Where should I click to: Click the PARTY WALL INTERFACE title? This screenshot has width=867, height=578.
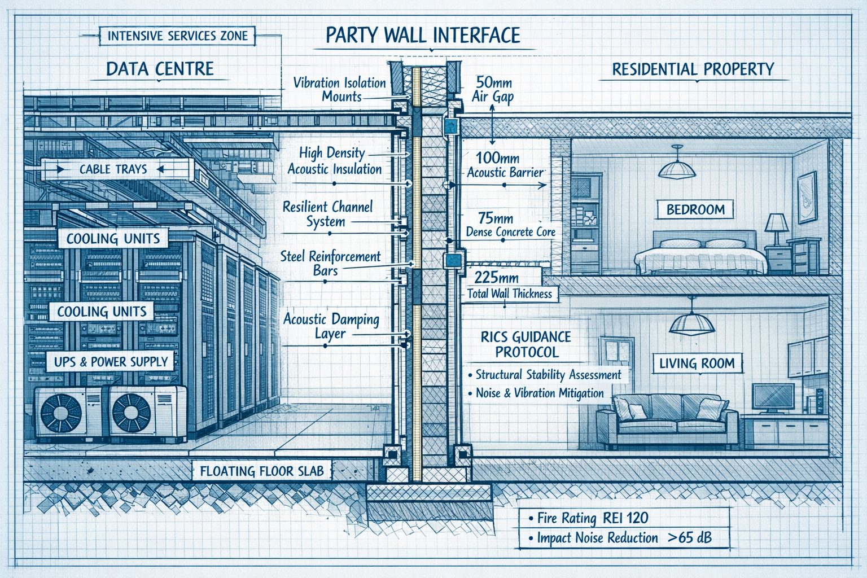click(423, 36)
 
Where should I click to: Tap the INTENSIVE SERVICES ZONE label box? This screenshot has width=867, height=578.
click(177, 36)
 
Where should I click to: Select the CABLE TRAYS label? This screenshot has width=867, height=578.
click(113, 169)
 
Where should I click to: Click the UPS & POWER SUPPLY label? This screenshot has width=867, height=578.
click(111, 362)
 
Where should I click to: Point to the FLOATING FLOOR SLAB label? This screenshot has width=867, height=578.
click(262, 471)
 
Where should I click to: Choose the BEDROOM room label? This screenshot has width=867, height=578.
click(695, 209)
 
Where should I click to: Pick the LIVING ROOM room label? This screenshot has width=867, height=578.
click(697, 363)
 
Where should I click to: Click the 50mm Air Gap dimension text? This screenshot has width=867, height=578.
click(493, 89)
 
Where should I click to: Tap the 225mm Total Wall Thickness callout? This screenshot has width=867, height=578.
click(509, 285)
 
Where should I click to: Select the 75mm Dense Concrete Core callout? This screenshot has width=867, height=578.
click(510, 225)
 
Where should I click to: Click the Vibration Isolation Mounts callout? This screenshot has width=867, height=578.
click(340, 89)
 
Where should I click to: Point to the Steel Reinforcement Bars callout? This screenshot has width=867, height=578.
click(330, 263)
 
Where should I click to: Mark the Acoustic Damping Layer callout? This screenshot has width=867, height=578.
click(331, 326)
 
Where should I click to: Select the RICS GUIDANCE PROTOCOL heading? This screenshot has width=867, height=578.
click(526, 344)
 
